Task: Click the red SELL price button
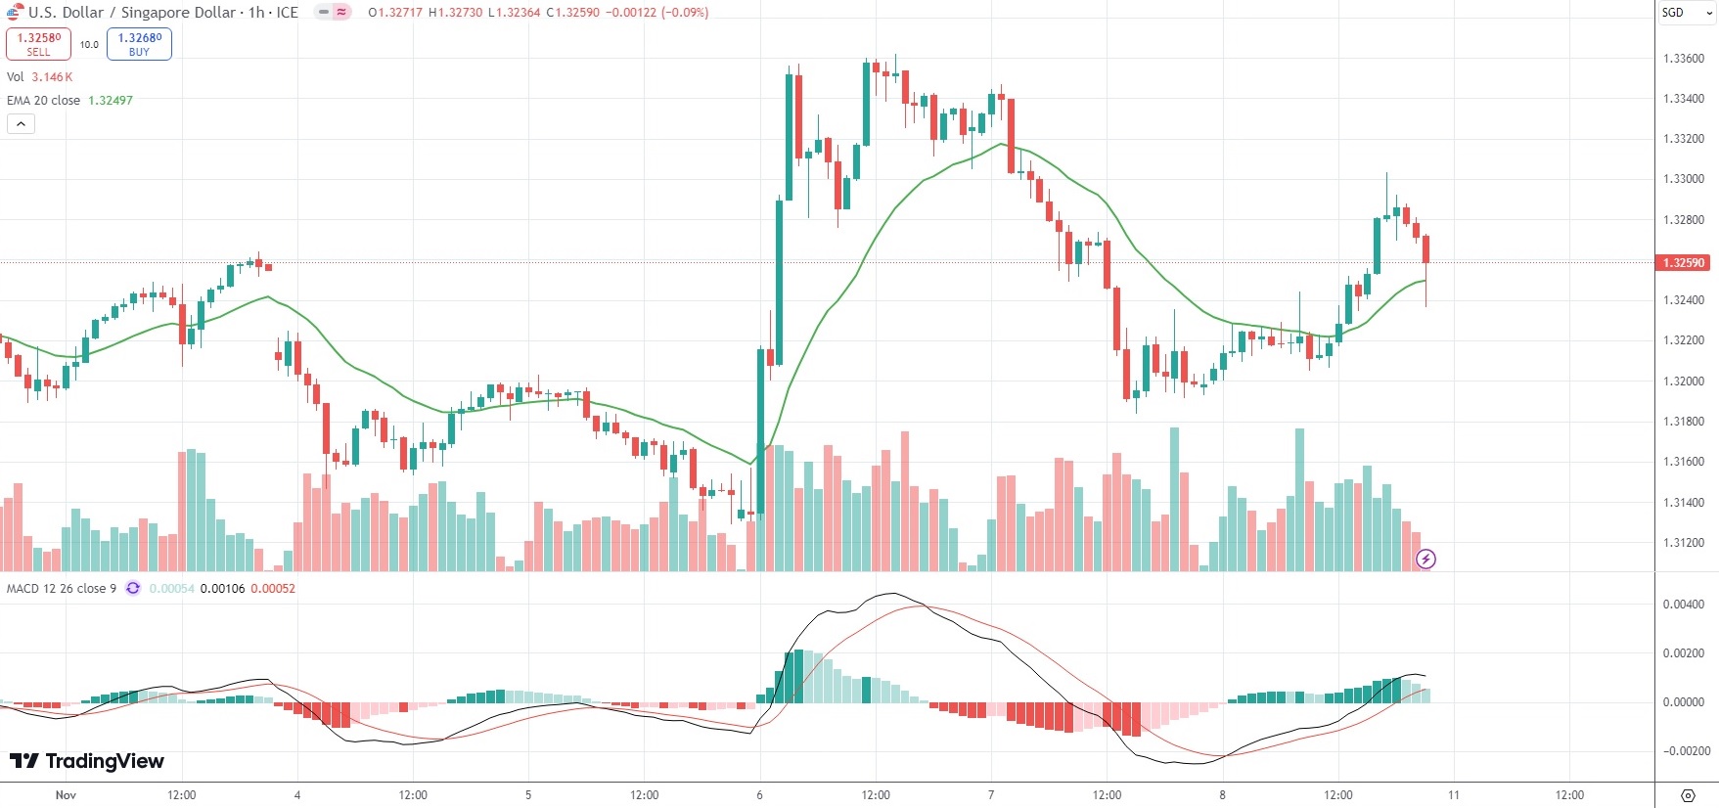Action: tap(38, 44)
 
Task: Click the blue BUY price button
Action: tap(139, 44)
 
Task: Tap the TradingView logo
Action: tap(87, 761)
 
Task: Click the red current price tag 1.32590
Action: tap(1683, 262)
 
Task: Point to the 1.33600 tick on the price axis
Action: tap(1683, 59)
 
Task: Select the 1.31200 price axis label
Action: tap(1683, 543)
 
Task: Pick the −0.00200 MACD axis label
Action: tap(1686, 751)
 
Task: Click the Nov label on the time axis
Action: tap(66, 795)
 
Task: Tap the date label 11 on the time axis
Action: tap(1454, 795)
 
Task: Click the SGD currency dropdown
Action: tap(1686, 13)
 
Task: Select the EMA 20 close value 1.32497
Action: tap(111, 101)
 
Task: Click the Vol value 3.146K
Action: tap(52, 77)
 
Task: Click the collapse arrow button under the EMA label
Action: tap(21, 124)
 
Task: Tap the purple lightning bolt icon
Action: tap(1426, 560)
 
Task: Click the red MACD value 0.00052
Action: tap(273, 589)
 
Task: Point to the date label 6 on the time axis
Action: tap(759, 795)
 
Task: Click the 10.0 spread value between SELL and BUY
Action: tap(89, 45)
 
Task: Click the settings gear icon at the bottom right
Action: tap(1688, 795)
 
